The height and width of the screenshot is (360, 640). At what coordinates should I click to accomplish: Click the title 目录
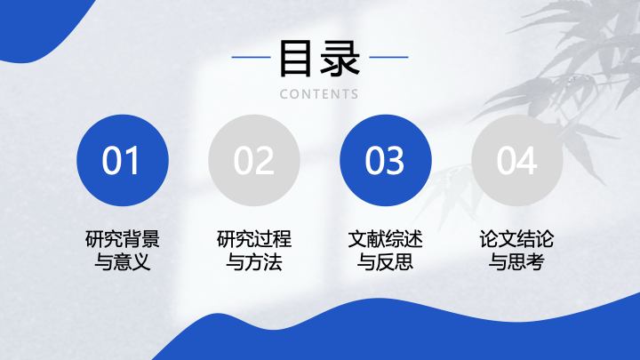(320, 59)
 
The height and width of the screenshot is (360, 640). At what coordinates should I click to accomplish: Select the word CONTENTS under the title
(319, 94)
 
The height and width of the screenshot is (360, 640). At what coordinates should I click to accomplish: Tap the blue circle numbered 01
(123, 160)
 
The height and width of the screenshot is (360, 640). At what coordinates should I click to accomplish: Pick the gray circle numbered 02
(254, 160)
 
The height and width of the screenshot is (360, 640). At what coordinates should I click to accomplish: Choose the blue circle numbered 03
(385, 160)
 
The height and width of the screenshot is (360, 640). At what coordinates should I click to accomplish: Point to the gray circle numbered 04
(517, 160)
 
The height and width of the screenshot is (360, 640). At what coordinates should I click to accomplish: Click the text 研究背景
(123, 239)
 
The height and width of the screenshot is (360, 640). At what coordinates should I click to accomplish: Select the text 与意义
(123, 261)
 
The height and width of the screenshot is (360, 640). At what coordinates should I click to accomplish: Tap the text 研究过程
(254, 239)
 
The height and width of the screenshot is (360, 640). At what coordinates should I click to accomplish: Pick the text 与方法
(254, 261)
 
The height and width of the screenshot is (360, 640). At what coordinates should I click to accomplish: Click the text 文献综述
(385, 239)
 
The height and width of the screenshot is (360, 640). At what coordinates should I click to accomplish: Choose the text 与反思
(385, 261)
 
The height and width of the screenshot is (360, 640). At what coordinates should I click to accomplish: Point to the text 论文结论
(517, 239)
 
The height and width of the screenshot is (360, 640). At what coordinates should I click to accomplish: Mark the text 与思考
(517, 261)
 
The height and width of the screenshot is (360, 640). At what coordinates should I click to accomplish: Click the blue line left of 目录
(251, 57)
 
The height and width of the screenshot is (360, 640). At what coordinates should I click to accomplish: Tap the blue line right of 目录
(388, 57)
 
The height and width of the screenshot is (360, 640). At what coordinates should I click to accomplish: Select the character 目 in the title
(295, 59)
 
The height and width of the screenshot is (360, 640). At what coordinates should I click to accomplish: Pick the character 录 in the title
(340, 59)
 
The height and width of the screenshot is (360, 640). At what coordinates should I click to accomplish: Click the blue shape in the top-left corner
(33, 25)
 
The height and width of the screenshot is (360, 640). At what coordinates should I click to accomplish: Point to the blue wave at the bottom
(408, 335)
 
